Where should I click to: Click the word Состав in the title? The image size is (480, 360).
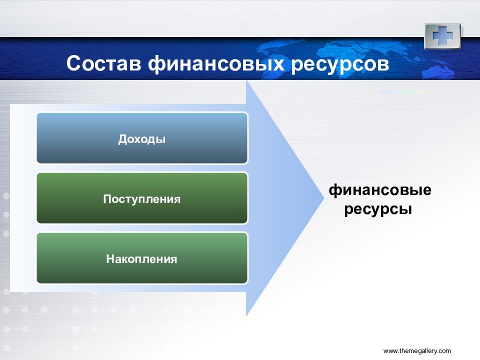[104, 63]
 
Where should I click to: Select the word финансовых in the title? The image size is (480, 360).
[216, 64]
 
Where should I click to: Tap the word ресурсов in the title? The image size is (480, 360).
[340, 65]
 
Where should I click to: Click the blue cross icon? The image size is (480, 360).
[442, 36]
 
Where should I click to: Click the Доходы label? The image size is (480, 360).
[141, 139]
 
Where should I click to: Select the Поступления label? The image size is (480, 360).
[141, 199]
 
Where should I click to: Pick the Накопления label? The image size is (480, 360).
[141, 259]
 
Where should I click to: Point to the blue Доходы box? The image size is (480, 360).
[142, 138]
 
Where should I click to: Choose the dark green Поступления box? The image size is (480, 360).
[142, 198]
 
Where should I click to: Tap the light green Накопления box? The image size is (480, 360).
[142, 258]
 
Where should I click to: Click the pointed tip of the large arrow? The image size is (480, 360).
[323, 198]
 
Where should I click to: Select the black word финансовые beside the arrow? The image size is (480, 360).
[380, 190]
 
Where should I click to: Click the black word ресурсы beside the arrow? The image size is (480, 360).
[378, 209]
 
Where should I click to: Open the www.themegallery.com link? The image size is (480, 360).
[417, 351]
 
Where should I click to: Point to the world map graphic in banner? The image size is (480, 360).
[361, 58]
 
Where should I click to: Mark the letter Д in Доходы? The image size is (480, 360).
[123, 139]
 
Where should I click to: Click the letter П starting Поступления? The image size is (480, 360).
[107, 199]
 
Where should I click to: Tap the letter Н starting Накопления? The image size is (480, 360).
[110, 259]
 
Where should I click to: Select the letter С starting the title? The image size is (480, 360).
[74, 63]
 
